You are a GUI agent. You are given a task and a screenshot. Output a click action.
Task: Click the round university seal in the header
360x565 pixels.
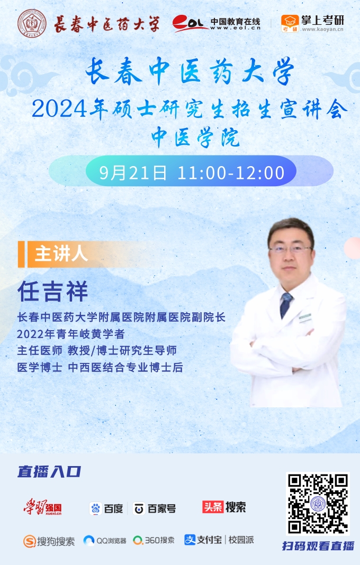pos(32,24)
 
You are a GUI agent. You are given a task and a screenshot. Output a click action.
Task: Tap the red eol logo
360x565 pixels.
pos(190,23)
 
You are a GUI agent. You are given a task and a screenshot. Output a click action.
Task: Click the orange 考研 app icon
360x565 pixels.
pos(290,23)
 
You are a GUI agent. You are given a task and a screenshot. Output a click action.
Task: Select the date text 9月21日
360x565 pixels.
pos(133,173)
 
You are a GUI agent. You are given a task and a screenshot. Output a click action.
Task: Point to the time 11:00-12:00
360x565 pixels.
pos(231,173)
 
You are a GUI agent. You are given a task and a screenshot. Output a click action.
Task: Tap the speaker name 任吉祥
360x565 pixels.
pos(53,291)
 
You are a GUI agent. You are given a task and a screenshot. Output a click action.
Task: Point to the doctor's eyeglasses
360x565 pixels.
pos(290,249)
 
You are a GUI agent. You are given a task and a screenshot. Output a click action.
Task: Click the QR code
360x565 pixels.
pos(318,504)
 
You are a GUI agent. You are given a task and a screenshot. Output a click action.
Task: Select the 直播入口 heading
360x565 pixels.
pos(49,472)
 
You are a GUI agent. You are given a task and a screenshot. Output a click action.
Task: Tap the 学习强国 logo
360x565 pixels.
pos(42,507)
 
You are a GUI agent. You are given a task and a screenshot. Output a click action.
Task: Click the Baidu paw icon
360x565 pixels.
pos(95,508)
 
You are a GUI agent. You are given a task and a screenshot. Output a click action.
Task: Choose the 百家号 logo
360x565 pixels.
pos(154,508)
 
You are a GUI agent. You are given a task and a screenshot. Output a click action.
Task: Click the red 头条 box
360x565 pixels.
pos(213,507)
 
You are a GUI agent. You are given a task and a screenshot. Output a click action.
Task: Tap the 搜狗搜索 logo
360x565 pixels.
pos(49,541)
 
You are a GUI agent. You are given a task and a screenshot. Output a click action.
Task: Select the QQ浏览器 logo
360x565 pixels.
pos(105,541)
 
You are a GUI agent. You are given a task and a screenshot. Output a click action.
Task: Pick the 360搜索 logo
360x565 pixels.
pos(154,540)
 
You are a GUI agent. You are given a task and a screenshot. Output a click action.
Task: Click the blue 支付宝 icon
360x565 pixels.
pos(190,540)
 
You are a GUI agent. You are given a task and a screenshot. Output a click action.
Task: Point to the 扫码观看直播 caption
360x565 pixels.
pos(318,546)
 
